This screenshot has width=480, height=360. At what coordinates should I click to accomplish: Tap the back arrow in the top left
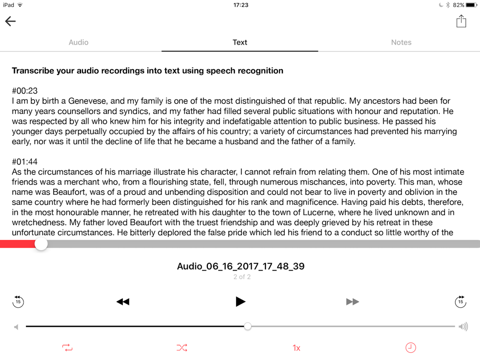pyautogui.click(x=11, y=21)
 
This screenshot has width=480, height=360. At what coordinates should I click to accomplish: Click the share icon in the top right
pyautogui.click(x=461, y=21)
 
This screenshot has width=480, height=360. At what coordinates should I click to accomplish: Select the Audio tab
pyautogui.click(x=78, y=42)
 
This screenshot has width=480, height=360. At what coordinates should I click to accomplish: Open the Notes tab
pyautogui.click(x=401, y=42)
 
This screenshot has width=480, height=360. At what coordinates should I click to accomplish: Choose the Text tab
pyautogui.click(x=240, y=42)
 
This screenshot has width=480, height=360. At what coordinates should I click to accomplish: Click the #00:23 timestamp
pyautogui.click(x=25, y=91)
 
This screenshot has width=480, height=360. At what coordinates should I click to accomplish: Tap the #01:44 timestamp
pyautogui.click(x=25, y=162)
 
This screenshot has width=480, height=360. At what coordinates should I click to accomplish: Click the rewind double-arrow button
pyautogui.click(x=123, y=301)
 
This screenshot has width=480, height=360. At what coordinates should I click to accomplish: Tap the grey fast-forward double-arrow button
pyautogui.click(x=353, y=301)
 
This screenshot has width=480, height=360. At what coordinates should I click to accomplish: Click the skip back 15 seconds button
pyautogui.click(x=18, y=301)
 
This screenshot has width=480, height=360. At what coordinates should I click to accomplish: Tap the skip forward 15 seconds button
pyautogui.click(x=460, y=301)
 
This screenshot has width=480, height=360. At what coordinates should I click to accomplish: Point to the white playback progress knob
pyautogui.click(x=41, y=244)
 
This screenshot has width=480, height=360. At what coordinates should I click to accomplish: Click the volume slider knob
pyautogui.click(x=248, y=326)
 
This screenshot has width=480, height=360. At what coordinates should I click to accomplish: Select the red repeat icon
pyautogui.click(x=67, y=348)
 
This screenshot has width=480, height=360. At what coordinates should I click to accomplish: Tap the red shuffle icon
pyautogui.click(x=182, y=348)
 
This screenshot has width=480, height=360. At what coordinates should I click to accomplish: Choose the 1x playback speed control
pyautogui.click(x=297, y=348)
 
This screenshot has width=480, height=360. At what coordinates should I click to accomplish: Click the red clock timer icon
pyautogui.click(x=411, y=348)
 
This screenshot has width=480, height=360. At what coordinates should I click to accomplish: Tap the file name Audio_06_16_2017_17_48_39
pyautogui.click(x=240, y=266)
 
